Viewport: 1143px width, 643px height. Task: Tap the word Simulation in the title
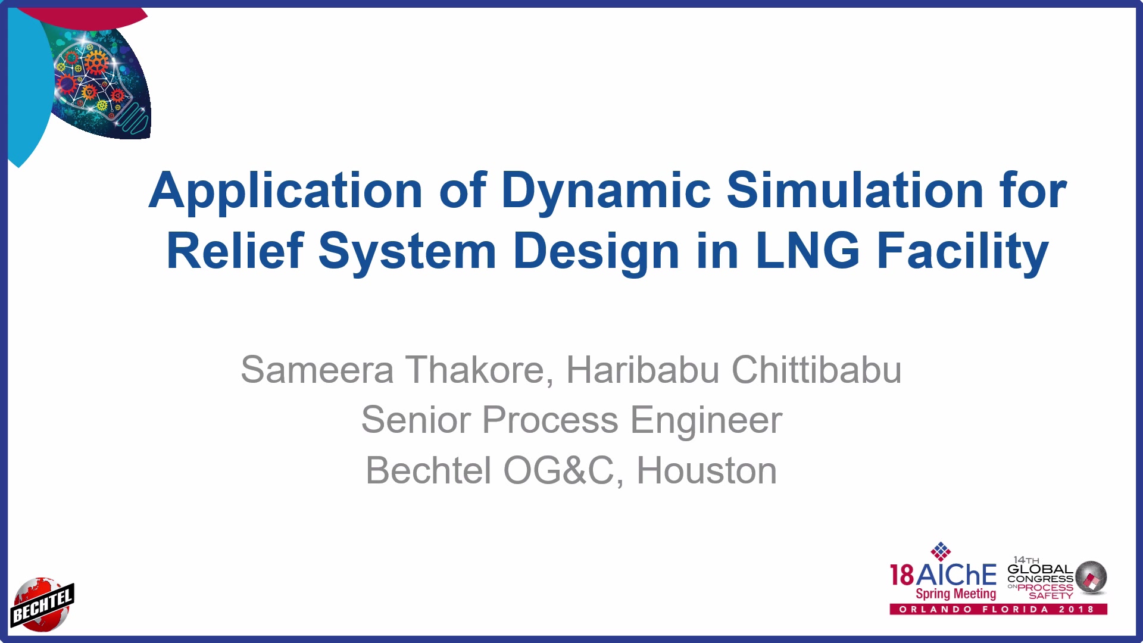[855, 190]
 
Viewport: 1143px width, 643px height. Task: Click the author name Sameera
[317, 370]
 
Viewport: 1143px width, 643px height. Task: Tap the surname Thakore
[480, 370]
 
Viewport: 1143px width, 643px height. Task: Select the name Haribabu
[642, 370]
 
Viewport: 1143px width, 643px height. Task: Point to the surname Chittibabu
[816, 370]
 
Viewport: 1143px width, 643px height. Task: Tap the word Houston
[707, 471]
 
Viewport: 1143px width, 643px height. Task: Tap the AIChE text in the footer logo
[956, 575]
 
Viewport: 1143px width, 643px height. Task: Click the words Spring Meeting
[955, 594]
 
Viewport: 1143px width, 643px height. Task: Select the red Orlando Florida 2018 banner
[998, 609]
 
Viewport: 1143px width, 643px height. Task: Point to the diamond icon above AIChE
[941, 551]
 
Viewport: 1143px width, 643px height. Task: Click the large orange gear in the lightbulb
[95, 61]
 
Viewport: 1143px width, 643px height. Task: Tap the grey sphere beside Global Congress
[1091, 578]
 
